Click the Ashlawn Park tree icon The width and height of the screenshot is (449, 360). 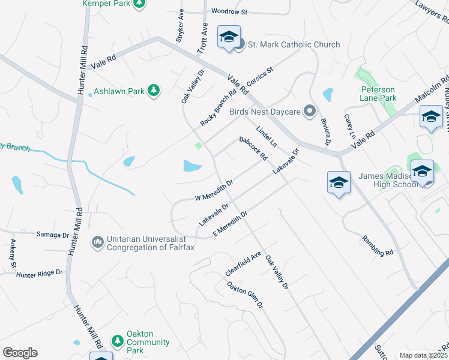point(154,91)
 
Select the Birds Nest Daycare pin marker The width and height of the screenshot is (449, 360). point(310,111)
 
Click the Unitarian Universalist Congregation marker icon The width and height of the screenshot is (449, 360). point(97,242)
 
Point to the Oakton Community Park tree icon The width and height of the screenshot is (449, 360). point(118,340)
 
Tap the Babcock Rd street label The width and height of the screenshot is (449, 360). point(253,148)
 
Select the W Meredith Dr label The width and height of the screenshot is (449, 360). point(214,190)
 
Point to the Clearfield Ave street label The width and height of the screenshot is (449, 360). point(243,264)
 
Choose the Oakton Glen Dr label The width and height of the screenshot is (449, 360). point(245,295)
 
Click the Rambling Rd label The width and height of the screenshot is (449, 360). point(377,245)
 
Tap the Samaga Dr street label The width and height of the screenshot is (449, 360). point(53,234)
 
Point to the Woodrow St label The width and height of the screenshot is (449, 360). point(229,11)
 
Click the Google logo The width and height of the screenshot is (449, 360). point(20,353)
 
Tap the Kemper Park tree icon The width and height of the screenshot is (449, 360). point(139,4)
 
